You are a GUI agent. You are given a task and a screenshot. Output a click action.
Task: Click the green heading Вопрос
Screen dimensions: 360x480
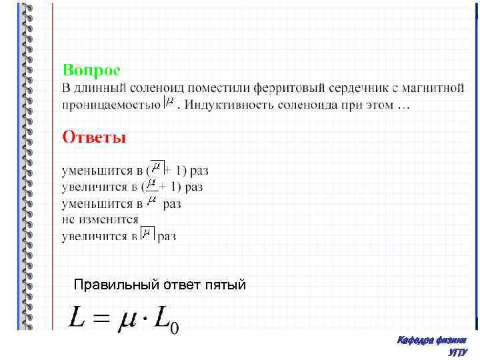[91, 69]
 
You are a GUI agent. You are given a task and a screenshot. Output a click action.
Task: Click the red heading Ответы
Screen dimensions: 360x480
[94, 137]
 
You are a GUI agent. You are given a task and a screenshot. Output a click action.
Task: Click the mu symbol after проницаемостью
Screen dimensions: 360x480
[170, 103]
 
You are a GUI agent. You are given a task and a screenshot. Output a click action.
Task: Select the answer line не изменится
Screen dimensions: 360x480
[100, 219]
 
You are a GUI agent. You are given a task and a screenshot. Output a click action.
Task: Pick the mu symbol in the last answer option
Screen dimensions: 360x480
[147, 233]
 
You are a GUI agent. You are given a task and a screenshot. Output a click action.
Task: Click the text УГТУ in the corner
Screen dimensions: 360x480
[458, 353]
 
